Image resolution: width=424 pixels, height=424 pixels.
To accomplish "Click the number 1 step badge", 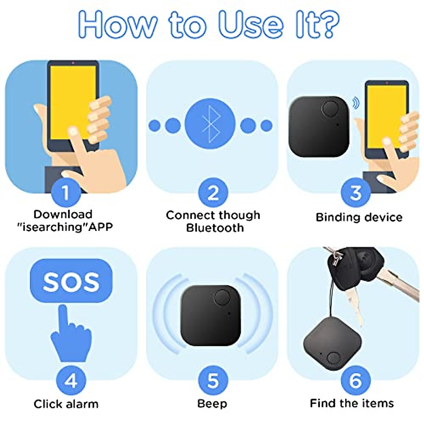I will (66, 193).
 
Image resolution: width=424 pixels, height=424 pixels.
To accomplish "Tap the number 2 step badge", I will (213, 193).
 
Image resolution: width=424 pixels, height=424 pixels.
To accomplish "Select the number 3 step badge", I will (355, 193).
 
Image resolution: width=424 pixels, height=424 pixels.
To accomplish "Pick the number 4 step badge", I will (71, 381).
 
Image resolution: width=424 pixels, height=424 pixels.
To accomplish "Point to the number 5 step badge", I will (213, 381).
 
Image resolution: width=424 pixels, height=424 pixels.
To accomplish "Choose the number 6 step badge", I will (355, 381).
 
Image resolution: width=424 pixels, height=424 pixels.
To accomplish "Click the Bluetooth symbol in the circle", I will (210, 124).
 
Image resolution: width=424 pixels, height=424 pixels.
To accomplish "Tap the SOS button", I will (71, 281).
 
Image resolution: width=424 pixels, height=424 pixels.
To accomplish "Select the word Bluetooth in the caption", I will (215, 228).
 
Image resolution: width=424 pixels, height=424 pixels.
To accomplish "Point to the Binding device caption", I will (359, 217).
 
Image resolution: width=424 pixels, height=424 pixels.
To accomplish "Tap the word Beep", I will (212, 404).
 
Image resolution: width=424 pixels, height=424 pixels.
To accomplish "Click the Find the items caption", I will (352, 403).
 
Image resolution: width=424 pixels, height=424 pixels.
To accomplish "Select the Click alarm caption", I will (66, 404).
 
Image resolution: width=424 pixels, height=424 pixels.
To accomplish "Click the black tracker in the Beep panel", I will (211, 316).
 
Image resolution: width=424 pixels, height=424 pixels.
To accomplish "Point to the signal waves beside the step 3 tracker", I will (356, 103).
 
